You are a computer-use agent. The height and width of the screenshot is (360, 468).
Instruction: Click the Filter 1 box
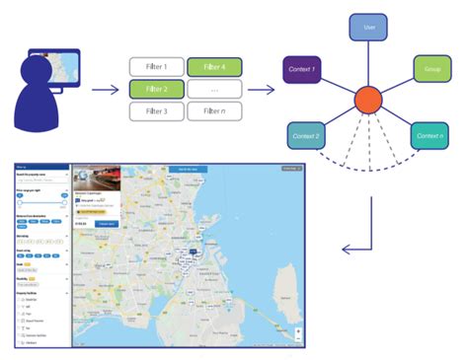coord(156,68)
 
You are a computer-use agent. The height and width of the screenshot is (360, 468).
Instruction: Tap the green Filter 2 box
coord(156,90)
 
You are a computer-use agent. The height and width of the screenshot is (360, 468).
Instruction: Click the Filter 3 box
coord(156,111)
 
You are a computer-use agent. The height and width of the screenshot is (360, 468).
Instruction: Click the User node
coord(367,28)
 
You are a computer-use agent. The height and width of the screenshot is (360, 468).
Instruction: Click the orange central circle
coord(367,100)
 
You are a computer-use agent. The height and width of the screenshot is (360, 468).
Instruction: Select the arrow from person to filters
coord(106,90)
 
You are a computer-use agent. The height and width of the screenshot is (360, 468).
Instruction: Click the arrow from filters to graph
coord(261,90)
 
